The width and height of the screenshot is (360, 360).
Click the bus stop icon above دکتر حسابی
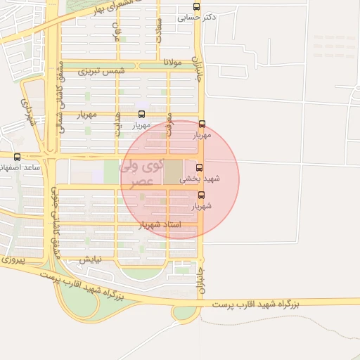tap(196, 6)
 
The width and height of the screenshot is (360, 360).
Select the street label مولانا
tap(172, 63)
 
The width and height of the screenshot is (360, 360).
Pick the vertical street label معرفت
tap(169, 124)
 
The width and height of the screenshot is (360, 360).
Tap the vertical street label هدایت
tap(118, 124)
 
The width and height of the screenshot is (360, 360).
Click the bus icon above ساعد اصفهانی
tap(17, 157)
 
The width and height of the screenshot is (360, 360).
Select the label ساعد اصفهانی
tap(21, 168)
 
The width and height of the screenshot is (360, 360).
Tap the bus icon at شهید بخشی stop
tap(200, 168)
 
